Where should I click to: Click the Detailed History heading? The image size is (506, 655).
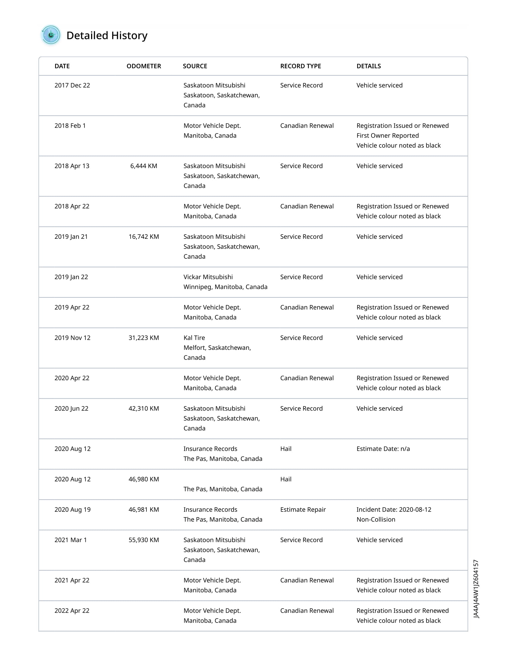point(107,36)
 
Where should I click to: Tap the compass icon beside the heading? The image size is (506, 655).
point(51,35)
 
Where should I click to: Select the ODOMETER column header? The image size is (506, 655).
point(143,66)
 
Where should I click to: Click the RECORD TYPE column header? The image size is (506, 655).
point(300,66)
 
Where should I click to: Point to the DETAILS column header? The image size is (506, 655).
point(368,66)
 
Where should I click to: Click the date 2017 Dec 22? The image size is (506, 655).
point(72,85)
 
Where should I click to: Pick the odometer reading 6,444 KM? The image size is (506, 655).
point(143,166)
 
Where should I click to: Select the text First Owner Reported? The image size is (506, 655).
point(387,135)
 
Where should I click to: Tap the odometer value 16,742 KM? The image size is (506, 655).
point(143,237)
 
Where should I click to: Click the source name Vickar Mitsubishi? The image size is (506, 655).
point(208,277)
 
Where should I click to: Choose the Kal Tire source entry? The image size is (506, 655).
point(194,338)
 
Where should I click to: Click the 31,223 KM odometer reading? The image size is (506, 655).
point(143,338)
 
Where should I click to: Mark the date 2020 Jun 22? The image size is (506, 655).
point(71,409)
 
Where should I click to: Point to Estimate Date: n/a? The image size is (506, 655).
point(383,449)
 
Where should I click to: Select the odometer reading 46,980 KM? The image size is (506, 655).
point(143,479)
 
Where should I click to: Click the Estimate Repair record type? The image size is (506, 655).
point(303,510)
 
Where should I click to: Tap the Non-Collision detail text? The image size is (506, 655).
point(376,520)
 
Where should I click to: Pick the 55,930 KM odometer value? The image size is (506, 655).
point(143,540)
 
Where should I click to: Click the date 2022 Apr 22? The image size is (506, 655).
point(72,611)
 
